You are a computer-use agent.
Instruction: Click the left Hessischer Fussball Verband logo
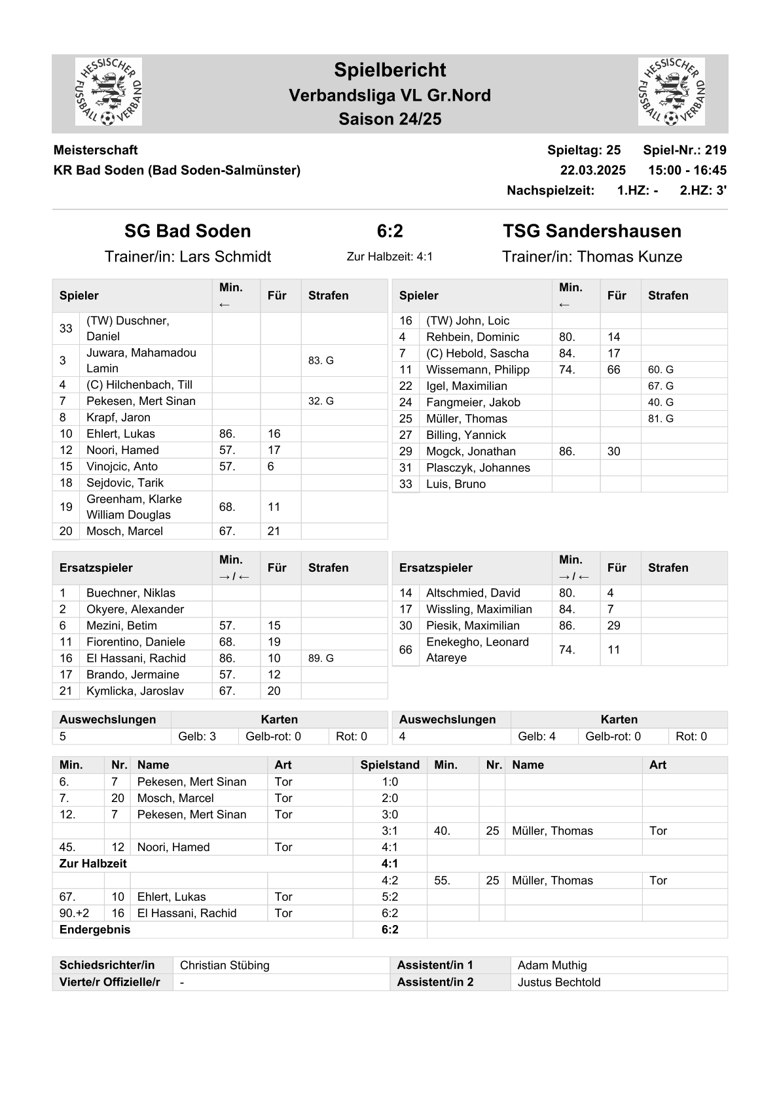pos(109,92)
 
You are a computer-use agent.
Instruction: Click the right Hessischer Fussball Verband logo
pos(671,92)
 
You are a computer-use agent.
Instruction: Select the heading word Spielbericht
pos(389,70)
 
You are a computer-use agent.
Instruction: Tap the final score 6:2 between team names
pos(389,231)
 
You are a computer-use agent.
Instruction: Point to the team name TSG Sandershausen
pos(592,231)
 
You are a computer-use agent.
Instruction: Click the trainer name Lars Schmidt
pos(225,256)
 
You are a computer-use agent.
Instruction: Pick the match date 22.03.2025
pos(592,170)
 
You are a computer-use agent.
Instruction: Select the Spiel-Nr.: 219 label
pos(684,150)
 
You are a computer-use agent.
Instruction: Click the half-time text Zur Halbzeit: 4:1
pos(389,256)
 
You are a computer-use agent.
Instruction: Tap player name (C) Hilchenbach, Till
pos(139,385)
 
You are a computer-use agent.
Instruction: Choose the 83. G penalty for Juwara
pos(321,360)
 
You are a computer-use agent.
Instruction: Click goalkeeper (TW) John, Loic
pos(467,321)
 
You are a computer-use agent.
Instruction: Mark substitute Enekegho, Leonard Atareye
pos(477,650)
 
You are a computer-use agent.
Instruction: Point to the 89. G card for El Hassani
pos(321,658)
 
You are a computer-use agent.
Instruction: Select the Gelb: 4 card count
pos(536,736)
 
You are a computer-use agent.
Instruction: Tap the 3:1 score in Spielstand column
pos(389,831)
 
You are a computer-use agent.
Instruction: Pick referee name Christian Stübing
pos(225,965)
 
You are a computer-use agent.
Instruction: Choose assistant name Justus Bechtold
pos(558,982)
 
